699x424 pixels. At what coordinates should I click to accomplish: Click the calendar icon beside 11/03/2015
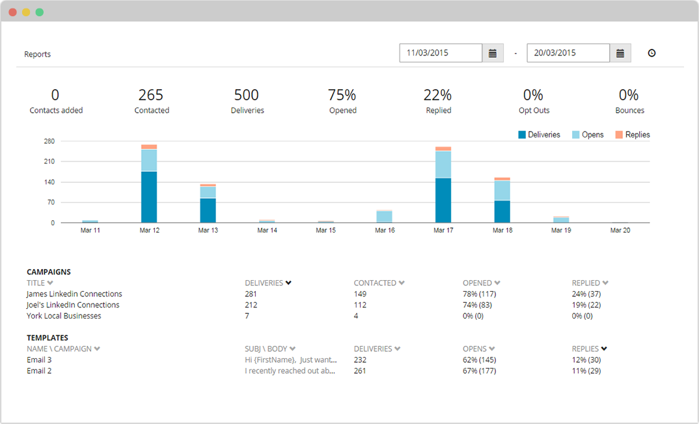pyautogui.click(x=492, y=53)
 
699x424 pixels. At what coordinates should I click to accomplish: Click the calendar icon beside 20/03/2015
pyautogui.click(x=620, y=53)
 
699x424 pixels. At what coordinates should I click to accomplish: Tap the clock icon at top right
pyautogui.click(x=651, y=53)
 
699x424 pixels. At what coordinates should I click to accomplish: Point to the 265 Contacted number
pyautogui.click(x=151, y=95)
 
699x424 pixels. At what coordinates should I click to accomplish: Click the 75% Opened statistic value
pyautogui.click(x=342, y=95)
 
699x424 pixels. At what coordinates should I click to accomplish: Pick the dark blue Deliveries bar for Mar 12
pyautogui.click(x=149, y=197)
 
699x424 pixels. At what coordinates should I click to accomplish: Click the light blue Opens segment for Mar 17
pyautogui.click(x=443, y=164)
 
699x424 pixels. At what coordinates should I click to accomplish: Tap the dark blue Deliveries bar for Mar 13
pyautogui.click(x=208, y=210)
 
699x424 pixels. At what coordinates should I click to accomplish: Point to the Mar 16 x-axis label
pyautogui.click(x=385, y=231)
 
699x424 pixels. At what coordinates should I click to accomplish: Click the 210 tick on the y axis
pyautogui.click(x=49, y=162)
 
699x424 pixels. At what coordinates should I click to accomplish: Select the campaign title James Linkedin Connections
pyautogui.click(x=74, y=294)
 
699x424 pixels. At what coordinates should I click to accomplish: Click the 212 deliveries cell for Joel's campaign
pyautogui.click(x=251, y=305)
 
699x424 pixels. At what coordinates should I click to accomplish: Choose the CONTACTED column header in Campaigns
pyautogui.click(x=376, y=283)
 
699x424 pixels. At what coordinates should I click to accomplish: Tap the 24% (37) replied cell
pyautogui.click(x=586, y=294)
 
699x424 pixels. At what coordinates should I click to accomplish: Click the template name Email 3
pyautogui.click(x=39, y=360)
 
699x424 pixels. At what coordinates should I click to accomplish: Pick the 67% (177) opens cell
pyautogui.click(x=479, y=371)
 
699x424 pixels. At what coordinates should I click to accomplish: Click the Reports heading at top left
pyautogui.click(x=38, y=54)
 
